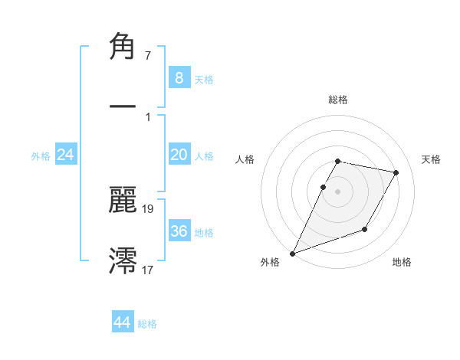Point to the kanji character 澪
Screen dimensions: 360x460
coord(123,260)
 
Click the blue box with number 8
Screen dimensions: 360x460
coord(179,77)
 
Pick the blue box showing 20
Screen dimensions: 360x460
coord(179,155)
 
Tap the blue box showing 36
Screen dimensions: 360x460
coord(179,231)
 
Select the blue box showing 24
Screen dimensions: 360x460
coord(65,155)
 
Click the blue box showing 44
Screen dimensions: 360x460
coord(122,322)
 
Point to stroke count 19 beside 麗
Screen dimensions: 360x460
coord(148,208)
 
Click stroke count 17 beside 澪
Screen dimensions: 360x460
coord(148,269)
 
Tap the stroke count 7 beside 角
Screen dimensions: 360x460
coord(147,55)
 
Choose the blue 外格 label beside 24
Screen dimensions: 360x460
coord(41,155)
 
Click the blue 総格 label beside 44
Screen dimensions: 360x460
coord(147,324)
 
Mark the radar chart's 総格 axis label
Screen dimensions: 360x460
coord(338,100)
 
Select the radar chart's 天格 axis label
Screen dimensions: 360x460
coord(432,159)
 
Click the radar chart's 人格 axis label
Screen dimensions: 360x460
coord(245,159)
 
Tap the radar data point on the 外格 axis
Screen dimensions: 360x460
coord(292,254)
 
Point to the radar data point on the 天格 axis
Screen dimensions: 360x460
coord(396,173)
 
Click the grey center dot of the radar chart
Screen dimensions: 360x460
coord(338,191)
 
